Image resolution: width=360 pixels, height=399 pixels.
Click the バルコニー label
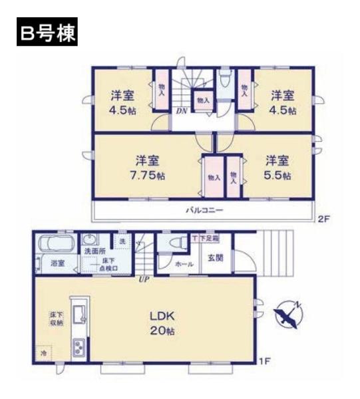(204, 210)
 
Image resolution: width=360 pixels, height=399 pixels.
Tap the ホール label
(184, 264)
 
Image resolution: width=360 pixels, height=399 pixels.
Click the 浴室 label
(58, 263)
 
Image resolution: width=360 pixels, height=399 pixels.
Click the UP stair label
(143, 279)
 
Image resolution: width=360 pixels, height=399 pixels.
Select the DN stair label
(181, 111)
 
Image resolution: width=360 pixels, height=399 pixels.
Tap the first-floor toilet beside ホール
(175, 243)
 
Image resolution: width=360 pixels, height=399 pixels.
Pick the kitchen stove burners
(79, 347)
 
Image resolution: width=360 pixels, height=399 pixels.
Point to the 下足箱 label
(206, 237)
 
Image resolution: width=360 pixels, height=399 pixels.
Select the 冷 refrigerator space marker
(44, 353)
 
